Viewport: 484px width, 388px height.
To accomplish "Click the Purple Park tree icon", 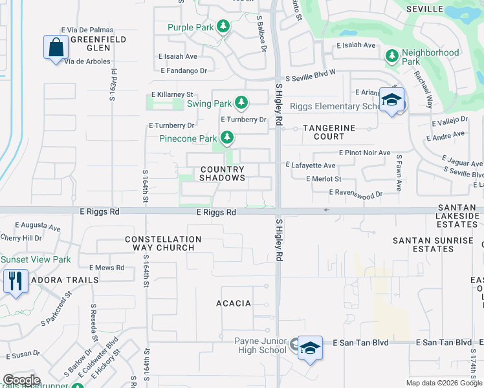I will pos(223,27).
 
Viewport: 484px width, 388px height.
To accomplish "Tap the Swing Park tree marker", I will pos(241,103).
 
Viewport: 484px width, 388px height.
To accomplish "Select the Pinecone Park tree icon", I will pos(226,138).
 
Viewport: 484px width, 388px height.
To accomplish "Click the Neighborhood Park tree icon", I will pos(391,56).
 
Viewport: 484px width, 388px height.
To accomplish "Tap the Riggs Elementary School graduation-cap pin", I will pos(391,100).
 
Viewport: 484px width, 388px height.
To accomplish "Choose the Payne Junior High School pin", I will pos(310,348).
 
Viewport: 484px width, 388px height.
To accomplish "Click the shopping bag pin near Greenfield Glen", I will pos(56,47).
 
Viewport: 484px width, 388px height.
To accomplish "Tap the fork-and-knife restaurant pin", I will pos(16,281).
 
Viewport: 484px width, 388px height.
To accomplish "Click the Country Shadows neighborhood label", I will pos(223,173).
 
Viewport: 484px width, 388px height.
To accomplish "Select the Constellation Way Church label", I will pos(163,243).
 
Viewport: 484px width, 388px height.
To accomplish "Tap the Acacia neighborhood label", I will pos(233,303).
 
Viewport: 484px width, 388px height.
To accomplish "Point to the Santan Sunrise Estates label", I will pos(434,244).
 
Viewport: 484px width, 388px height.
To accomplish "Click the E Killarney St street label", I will pos(172,94).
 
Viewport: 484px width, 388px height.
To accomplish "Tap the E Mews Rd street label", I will pos(106,267).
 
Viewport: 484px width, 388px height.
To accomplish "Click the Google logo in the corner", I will pos(21,380).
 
